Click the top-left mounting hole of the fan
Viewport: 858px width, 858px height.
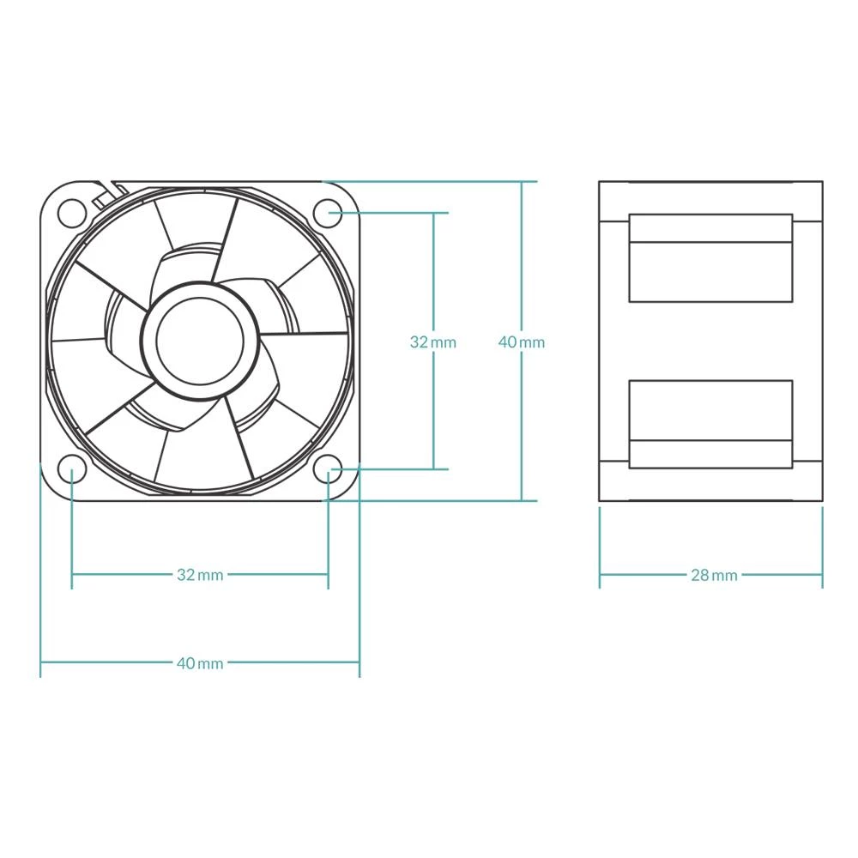pyautogui.click(x=72, y=212)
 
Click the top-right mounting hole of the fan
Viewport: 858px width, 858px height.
pyautogui.click(x=329, y=212)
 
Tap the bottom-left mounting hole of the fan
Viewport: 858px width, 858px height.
pyautogui.click(x=72, y=468)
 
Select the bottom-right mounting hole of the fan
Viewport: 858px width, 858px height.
pyautogui.click(x=329, y=468)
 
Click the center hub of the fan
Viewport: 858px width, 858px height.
pyautogui.click(x=200, y=340)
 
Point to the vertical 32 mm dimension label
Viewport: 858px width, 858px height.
pyautogui.click(x=433, y=342)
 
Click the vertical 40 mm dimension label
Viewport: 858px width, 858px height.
pyautogui.click(x=522, y=342)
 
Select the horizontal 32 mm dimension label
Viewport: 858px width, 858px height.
pyautogui.click(x=200, y=575)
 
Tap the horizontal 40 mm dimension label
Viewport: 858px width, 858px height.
pyautogui.click(x=200, y=663)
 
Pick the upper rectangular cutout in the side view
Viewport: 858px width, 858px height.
pyautogui.click(x=710, y=258)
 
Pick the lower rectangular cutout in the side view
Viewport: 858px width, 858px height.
pyautogui.click(x=710, y=424)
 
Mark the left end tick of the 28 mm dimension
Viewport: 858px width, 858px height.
pyautogui.click(x=600, y=575)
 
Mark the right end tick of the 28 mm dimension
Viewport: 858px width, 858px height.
pyautogui.click(x=822, y=575)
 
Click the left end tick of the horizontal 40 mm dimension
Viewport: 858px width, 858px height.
pyautogui.click(x=41, y=663)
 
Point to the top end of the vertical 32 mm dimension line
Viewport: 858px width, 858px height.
pyautogui.click(x=434, y=212)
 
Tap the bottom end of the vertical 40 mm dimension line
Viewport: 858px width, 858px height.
pyautogui.click(x=522, y=500)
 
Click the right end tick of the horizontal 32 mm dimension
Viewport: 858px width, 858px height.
pyautogui.click(x=329, y=575)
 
